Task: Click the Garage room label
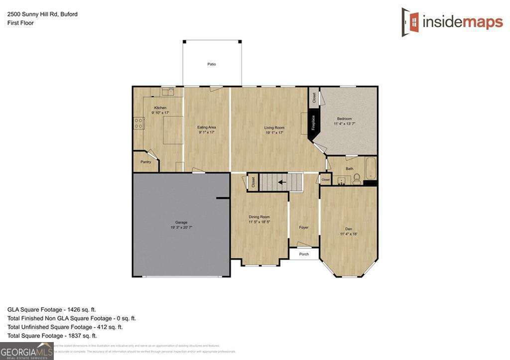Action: pyautogui.click(x=181, y=223)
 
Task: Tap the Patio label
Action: pyautogui.click(x=212, y=64)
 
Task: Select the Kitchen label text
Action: pyautogui.click(x=160, y=108)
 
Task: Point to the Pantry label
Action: pyautogui.click(x=146, y=162)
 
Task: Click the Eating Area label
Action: pyautogui.click(x=207, y=127)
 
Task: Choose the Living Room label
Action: pyautogui.click(x=274, y=128)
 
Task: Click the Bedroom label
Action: pyautogui.click(x=344, y=119)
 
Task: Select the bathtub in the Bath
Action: pyautogui.click(x=370, y=169)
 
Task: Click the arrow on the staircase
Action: pyautogui.click(x=282, y=182)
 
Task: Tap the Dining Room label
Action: pyautogui.click(x=259, y=217)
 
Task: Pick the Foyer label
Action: pyautogui.click(x=304, y=228)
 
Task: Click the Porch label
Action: pyautogui.click(x=304, y=254)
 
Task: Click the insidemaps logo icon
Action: pyautogui.click(x=411, y=22)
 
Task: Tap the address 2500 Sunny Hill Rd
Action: pyautogui.click(x=32, y=14)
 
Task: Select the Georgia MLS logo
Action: pyautogui.click(x=26, y=351)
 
